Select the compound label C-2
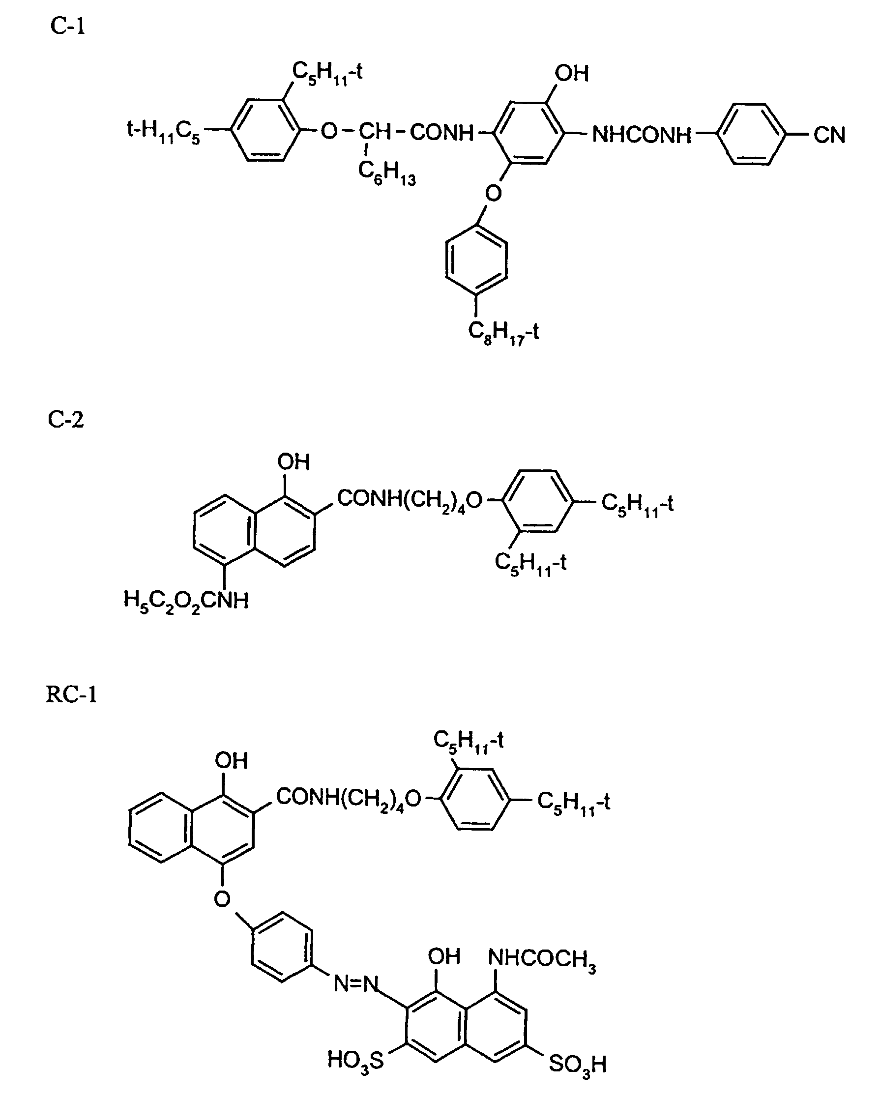pyautogui.click(x=65, y=420)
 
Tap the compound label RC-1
pyautogui.click(x=71, y=694)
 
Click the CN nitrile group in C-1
pyautogui.click(x=829, y=135)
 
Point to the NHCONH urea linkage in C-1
pyautogui.click(x=642, y=135)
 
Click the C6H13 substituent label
pyautogui.click(x=386, y=173)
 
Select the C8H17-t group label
pyautogui.click(x=503, y=333)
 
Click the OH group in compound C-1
pyautogui.click(x=572, y=74)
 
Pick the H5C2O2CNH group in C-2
pyautogui.click(x=186, y=602)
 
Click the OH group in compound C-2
pyautogui.click(x=293, y=462)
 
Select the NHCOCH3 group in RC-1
pyautogui.click(x=542, y=959)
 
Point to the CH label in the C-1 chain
pyautogui.click(x=375, y=132)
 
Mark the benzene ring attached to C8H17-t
pyautogui.click(x=476, y=259)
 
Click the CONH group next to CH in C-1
pyautogui.click(x=441, y=133)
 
